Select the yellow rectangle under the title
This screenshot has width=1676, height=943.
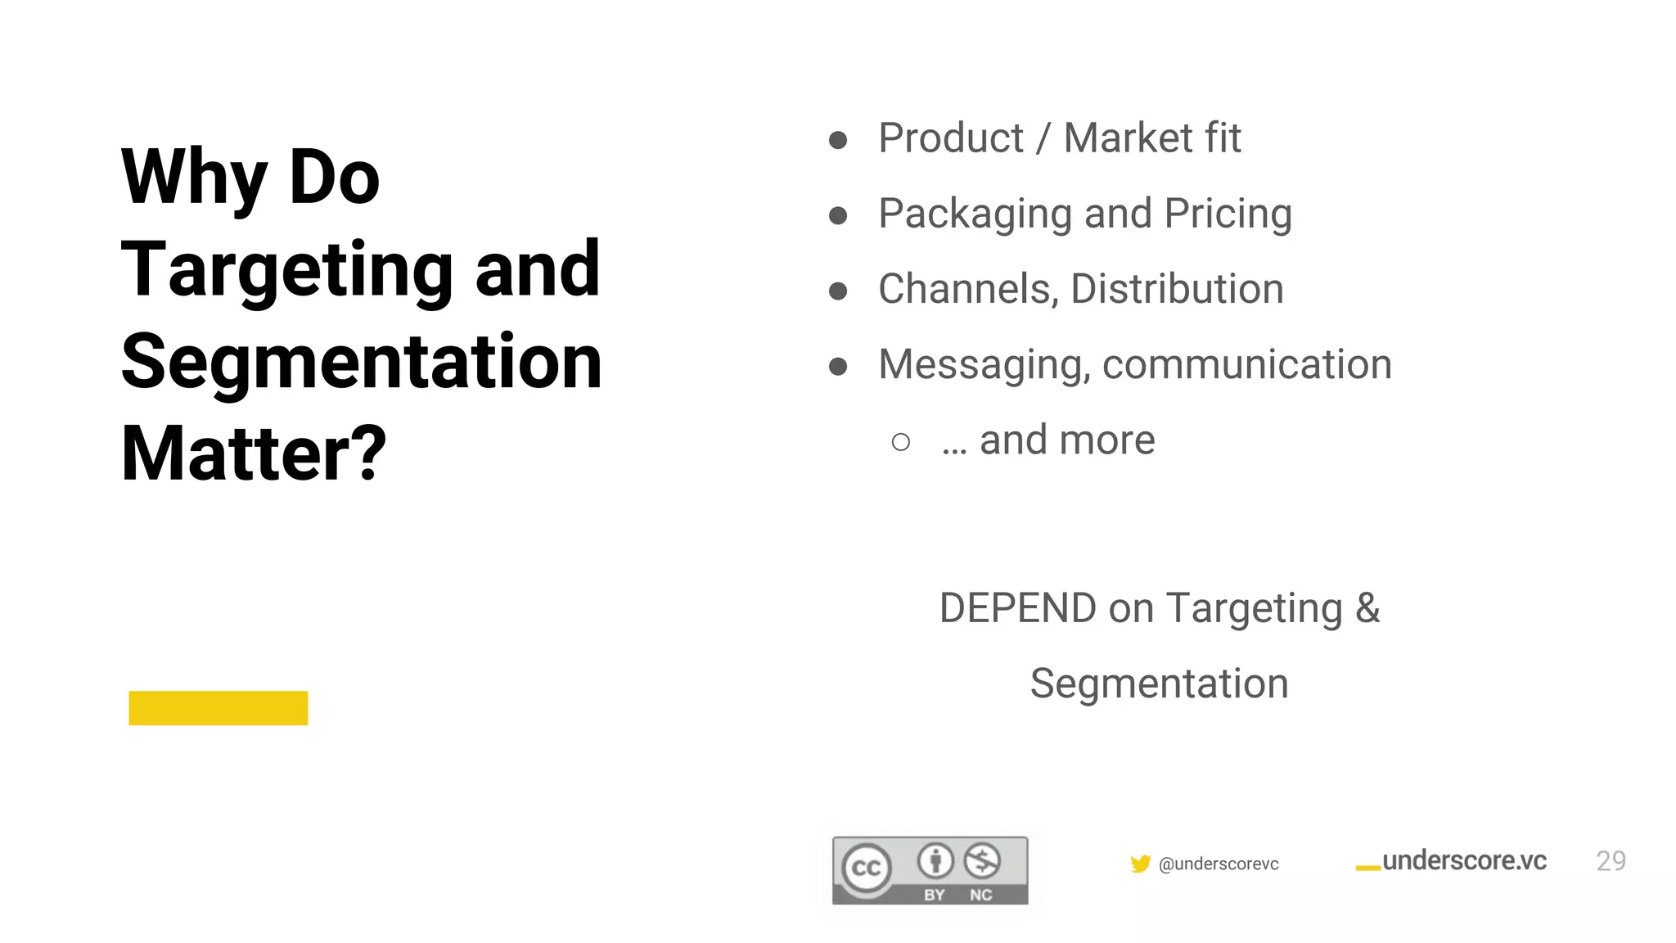(x=219, y=708)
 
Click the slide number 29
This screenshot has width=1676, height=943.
(x=1611, y=861)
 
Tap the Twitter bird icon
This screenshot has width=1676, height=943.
(x=1140, y=864)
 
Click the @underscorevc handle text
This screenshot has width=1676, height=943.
(x=1219, y=864)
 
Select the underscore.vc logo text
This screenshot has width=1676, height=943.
(x=1464, y=860)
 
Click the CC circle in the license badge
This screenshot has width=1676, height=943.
(x=867, y=868)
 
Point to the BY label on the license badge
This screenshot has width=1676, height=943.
(x=935, y=895)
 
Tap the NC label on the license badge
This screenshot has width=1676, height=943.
(x=981, y=895)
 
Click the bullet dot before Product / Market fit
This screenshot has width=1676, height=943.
(x=838, y=140)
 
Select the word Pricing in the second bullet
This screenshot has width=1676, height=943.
(x=1228, y=214)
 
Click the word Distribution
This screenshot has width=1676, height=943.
(x=1177, y=289)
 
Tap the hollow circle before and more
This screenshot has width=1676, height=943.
(x=901, y=442)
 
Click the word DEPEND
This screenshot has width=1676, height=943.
(x=1017, y=608)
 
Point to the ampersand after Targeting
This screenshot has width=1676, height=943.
(x=1367, y=608)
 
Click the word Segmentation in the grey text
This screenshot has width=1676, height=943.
(x=1159, y=684)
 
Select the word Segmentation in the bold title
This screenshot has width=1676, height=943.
(x=361, y=361)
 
